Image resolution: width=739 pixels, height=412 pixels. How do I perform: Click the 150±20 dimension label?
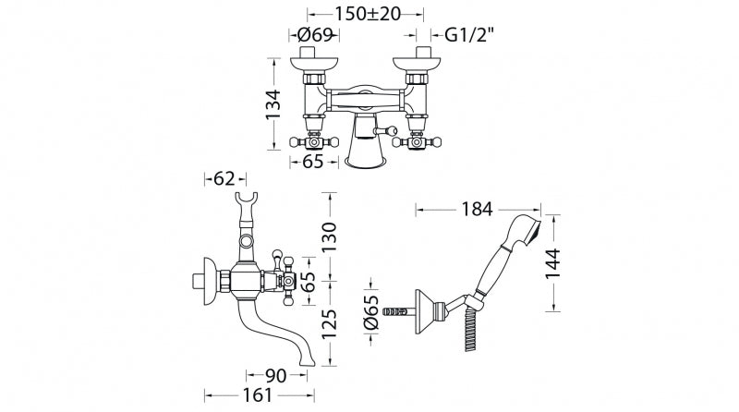tap(368, 14)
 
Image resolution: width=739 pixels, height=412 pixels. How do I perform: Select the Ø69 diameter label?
tap(315, 34)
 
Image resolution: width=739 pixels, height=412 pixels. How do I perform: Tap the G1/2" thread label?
tap(470, 34)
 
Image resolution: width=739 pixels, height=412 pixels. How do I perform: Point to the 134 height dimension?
tap(273, 104)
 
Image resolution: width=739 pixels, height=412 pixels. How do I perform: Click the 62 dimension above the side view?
tap(224, 178)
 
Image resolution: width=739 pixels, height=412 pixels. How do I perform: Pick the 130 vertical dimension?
tap(330, 236)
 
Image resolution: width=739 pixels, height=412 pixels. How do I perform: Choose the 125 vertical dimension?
tap(330, 324)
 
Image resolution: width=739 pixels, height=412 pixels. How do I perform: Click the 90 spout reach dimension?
tap(275, 376)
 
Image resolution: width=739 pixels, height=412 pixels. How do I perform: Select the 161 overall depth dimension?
tap(257, 395)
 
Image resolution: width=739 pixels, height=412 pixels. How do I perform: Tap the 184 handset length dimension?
tap(477, 209)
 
